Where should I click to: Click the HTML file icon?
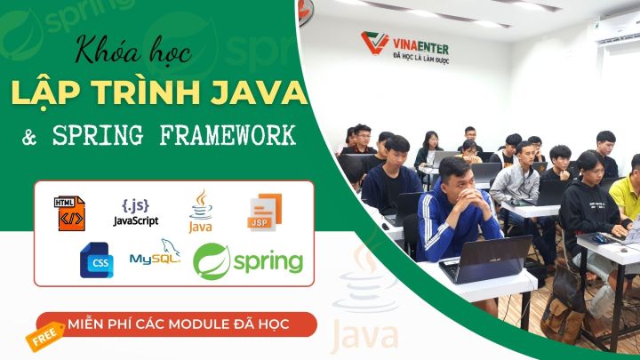pos(69,213)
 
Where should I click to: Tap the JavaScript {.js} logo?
pos(136,212)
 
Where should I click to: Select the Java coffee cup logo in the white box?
pos(200,211)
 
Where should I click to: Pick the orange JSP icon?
pos(265,212)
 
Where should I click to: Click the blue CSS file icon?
pos(97,260)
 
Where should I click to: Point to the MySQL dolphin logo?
pos(155,252)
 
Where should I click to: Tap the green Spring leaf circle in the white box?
pos(212,261)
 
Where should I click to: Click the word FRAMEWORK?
pos(228,135)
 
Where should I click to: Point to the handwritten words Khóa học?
pos(133,51)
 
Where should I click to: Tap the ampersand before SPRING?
pos(29,137)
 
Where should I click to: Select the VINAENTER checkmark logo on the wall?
pos(375,43)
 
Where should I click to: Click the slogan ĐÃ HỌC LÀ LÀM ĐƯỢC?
pos(420,59)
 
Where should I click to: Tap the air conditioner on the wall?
pos(616,28)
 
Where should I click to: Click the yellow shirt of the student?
pos(627,196)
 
